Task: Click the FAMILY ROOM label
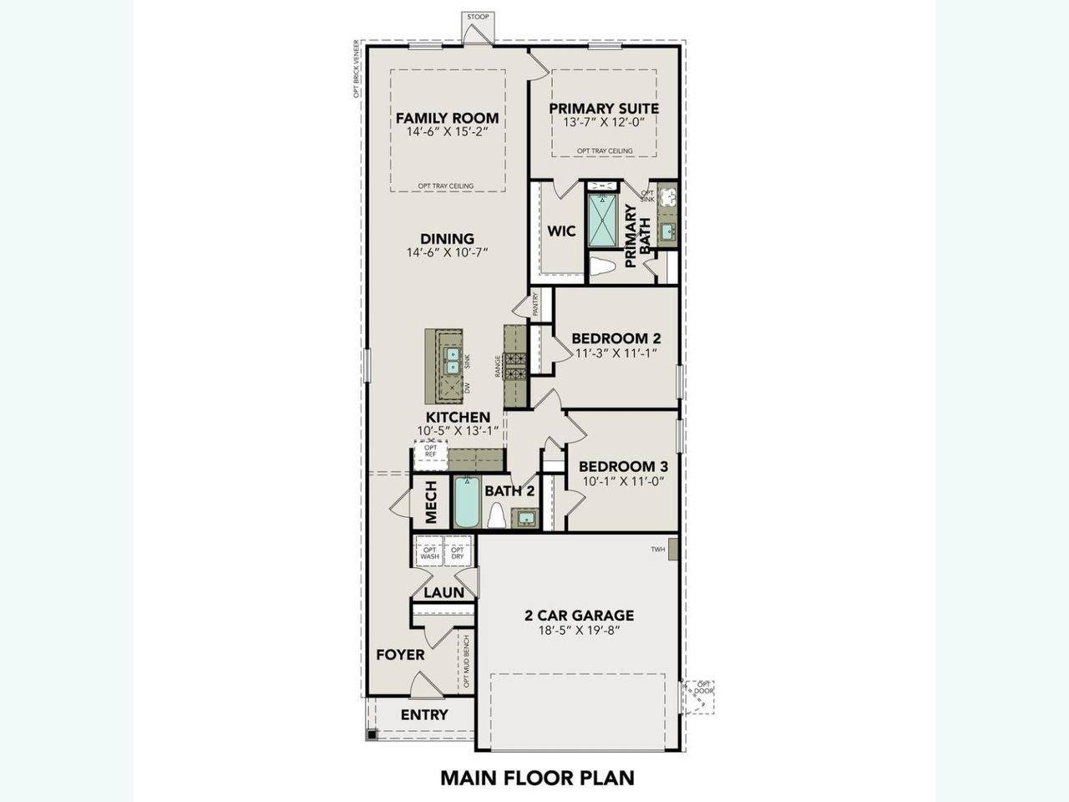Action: point(447,118)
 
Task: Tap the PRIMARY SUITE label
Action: point(603,109)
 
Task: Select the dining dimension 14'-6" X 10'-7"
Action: point(447,252)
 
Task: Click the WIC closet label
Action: point(561,231)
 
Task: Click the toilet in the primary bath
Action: point(602,266)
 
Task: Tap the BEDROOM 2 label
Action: point(616,338)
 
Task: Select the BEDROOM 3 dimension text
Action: point(621,481)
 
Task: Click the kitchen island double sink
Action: point(452,360)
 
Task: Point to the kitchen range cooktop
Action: point(514,365)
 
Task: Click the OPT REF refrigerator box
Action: point(431,451)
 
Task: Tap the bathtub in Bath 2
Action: point(467,502)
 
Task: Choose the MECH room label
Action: point(431,502)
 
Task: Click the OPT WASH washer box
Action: point(429,552)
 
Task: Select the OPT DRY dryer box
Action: point(458,552)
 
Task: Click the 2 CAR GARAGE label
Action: point(579,616)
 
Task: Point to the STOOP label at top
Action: point(479,17)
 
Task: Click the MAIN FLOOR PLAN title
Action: point(537,778)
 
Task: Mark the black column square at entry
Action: point(371,734)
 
